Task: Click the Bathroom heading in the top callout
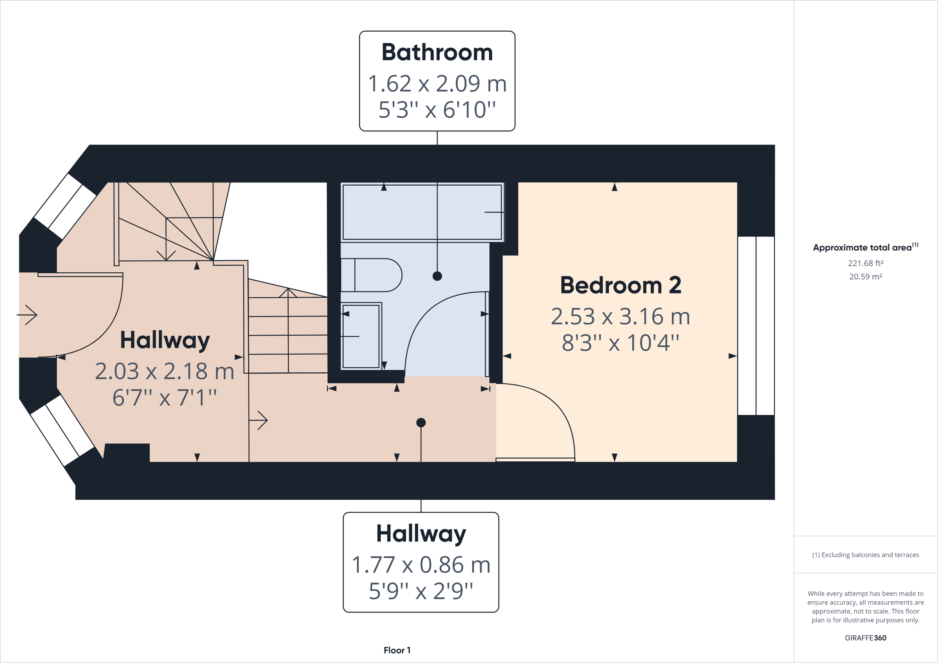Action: (437, 53)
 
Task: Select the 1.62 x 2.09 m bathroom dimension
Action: (437, 84)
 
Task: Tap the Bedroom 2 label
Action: (620, 285)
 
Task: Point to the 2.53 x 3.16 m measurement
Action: (620, 316)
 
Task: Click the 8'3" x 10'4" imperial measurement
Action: (620, 343)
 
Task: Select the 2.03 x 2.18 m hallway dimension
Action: (164, 371)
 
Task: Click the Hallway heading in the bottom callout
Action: (421, 534)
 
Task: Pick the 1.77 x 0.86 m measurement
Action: (421, 565)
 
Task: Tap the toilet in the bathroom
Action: (371, 275)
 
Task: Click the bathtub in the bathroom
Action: (422, 212)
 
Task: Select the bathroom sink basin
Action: (361, 336)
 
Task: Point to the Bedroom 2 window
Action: (756, 325)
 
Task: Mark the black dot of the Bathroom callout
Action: (437, 276)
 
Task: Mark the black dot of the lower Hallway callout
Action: (421, 422)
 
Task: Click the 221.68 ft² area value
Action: (865, 263)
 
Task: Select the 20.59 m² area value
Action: (865, 277)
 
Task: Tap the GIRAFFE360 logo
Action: (865, 638)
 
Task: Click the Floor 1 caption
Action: (397, 650)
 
